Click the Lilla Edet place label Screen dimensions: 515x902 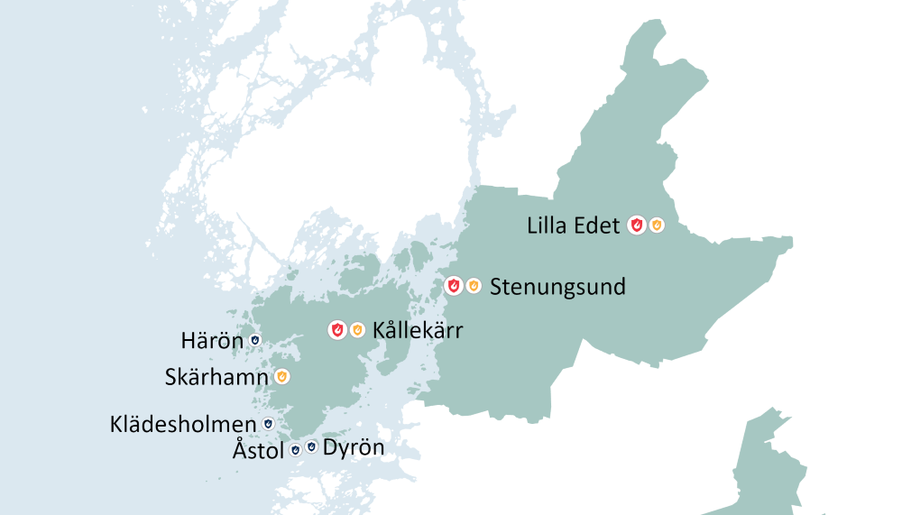[x=573, y=225]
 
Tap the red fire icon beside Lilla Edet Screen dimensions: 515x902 [x=637, y=225]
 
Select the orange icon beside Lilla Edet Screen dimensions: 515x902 [x=657, y=225]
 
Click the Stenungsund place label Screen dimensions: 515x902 [x=557, y=287]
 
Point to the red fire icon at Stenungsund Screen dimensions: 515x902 [x=454, y=287]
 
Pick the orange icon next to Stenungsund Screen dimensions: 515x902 [x=474, y=287]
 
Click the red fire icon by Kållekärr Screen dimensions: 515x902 [x=336, y=330]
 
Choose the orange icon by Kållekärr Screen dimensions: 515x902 [x=356, y=330]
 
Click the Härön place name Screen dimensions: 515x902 [x=212, y=341]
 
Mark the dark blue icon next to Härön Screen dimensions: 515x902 [x=255, y=340]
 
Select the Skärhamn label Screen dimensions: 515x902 [x=216, y=377]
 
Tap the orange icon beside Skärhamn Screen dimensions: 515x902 [x=281, y=376]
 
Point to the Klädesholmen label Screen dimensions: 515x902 [x=182, y=424]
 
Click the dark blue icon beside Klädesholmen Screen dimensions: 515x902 [x=267, y=423]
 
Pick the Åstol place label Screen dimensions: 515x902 [x=258, y=448]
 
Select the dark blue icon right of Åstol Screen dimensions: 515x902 [x=295, y=448]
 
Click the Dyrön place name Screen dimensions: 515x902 [x=354, y=447]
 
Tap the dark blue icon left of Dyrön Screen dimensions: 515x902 [x=311, y=446]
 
